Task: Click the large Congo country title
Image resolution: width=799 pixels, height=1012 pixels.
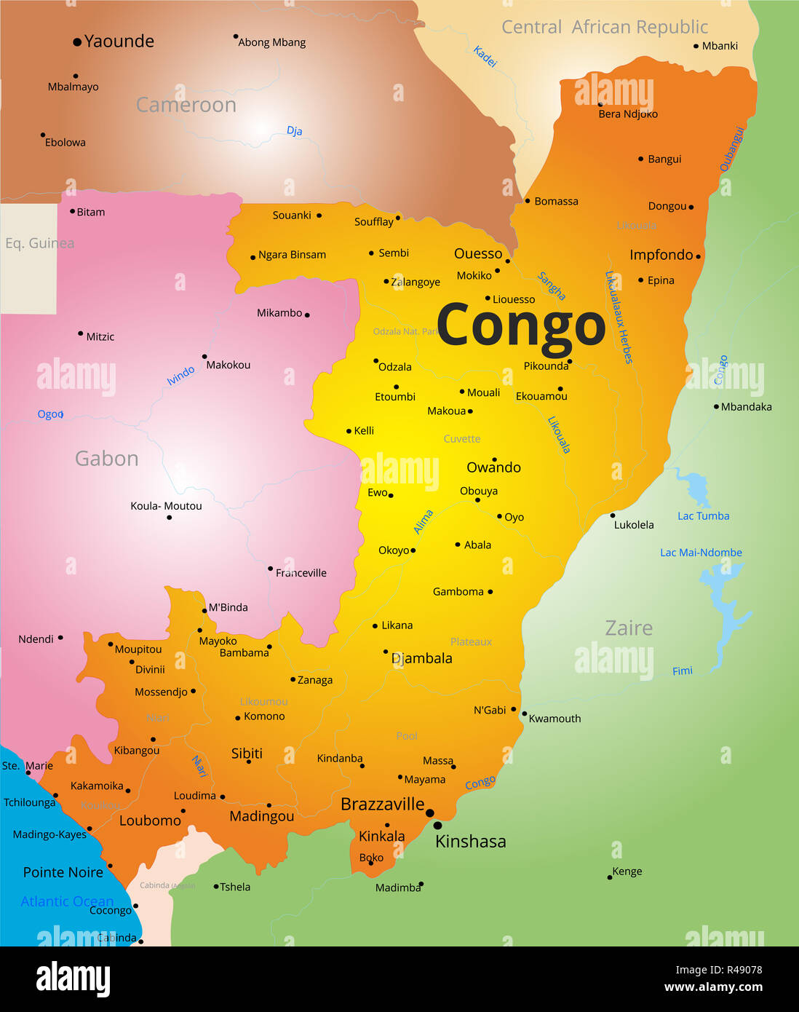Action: [x=520, y=325]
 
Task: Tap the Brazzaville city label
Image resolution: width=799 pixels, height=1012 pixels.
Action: [x=382, y=804]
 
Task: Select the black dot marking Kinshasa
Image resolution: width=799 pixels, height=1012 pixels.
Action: [x=437, y=826]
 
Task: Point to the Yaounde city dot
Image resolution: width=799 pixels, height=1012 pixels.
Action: [x=77, y=42]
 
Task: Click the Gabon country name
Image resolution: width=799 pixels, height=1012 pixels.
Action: [x=106, y=459]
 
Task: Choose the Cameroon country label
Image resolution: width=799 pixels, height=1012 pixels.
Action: [x=186, y=105]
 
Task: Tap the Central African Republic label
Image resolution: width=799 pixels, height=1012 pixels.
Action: [x=604, y=28]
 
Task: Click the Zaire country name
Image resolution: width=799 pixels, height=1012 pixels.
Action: [x=629, y=628]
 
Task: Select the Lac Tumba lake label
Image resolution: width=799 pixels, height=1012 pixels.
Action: [x=703, y=516]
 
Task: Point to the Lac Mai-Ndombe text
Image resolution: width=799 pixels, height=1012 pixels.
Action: [x=701, y=553]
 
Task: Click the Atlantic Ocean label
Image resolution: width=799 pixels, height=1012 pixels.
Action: [x=67, y=901]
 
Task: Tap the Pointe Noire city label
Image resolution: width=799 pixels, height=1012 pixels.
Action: [x=63, y=872]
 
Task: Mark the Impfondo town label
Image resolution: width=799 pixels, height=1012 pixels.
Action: [x=661, y=255]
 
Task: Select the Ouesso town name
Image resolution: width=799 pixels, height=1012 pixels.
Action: [x=478, y=253]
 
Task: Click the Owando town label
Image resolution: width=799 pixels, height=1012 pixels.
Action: [x=493, y=467]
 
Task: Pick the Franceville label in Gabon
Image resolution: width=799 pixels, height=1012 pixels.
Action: [x=301, y=573]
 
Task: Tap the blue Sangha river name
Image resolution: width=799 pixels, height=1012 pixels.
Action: [x=551, y=286]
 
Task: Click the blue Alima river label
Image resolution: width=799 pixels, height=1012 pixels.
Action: [x=424, y=522]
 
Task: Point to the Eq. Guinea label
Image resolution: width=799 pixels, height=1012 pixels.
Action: [x=39, y=243]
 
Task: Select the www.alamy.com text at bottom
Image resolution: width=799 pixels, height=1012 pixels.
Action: [x=713, y=987]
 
